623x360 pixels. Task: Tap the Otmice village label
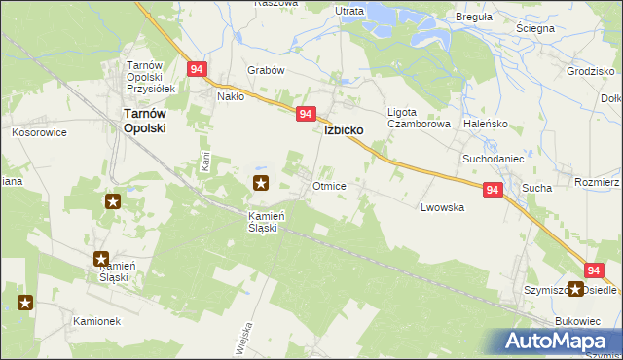328,185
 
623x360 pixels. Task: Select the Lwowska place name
441,207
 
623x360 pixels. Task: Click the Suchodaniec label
493,157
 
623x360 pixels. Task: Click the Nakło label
231,96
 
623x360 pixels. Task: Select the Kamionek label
96,319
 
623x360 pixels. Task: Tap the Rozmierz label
597,182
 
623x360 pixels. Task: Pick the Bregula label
474,17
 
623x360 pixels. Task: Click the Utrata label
348,11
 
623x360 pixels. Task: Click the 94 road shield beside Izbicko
306,115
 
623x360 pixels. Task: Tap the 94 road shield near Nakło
198,70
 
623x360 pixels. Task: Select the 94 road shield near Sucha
493,190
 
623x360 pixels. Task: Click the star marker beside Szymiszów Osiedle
576,289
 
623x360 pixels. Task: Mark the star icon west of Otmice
261,182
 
